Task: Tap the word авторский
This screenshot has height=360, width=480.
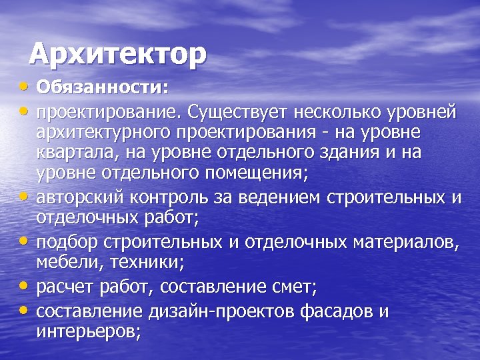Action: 74,197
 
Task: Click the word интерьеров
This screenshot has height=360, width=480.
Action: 88,333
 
